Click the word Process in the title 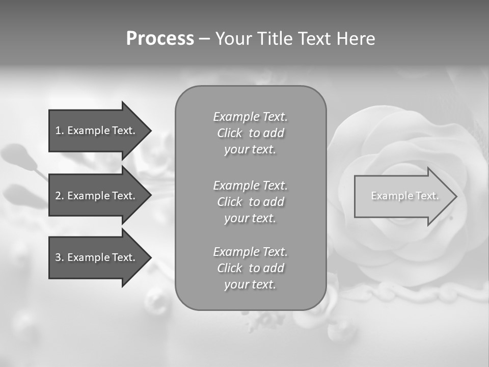[x=160, y=39]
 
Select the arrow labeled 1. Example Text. [x=97, y=130]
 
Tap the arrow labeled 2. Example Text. [x=97, y=196]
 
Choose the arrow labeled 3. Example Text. [x=97, y=257]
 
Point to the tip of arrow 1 [x=150, y=130]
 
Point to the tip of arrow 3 [x=150, y=257]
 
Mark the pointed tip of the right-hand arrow [x=456, y=196]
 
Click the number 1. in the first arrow [x=59, y=130]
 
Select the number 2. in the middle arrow [x=59, y=196]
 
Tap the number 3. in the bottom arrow [x=59, y=257]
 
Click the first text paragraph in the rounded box [x=250, y=133]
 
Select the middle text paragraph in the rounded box [x=250, y=201]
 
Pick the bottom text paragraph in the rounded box [x=250, y=268]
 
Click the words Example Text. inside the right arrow [x=404, y=196]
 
